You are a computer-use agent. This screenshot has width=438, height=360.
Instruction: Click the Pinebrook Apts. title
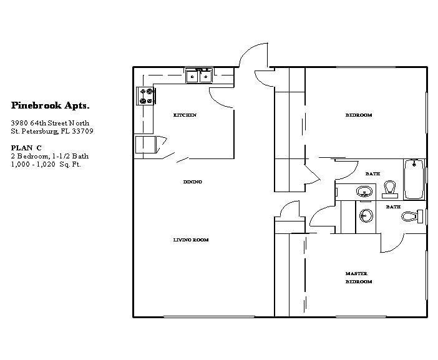(x=46, y=105)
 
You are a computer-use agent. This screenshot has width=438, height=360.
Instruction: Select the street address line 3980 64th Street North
(x=51, y=123)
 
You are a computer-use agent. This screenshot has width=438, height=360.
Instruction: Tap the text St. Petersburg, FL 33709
(x=51, y=132)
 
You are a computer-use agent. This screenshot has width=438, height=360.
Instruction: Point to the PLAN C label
(x=26, y=147)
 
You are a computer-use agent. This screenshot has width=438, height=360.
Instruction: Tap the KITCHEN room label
(x=185, y=115)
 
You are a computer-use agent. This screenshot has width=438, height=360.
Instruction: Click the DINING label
(x=192, y=182)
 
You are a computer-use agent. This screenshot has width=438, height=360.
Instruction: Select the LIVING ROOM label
(x=191, y=240)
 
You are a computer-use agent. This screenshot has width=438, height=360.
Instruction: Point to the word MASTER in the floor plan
(x=356, y=274)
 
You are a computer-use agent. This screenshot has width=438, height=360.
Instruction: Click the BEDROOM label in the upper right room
(x=359, y=115)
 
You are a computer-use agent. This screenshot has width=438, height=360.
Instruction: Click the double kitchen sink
(x=199, y=76)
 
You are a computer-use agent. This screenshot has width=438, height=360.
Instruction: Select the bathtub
(x=414, y=180)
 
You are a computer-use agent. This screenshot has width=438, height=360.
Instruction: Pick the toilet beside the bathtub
(x=390, y=188)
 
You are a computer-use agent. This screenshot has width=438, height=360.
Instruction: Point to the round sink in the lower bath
(x=366, y=216)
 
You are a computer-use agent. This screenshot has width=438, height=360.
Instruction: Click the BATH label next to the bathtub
(x=372, y=174)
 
